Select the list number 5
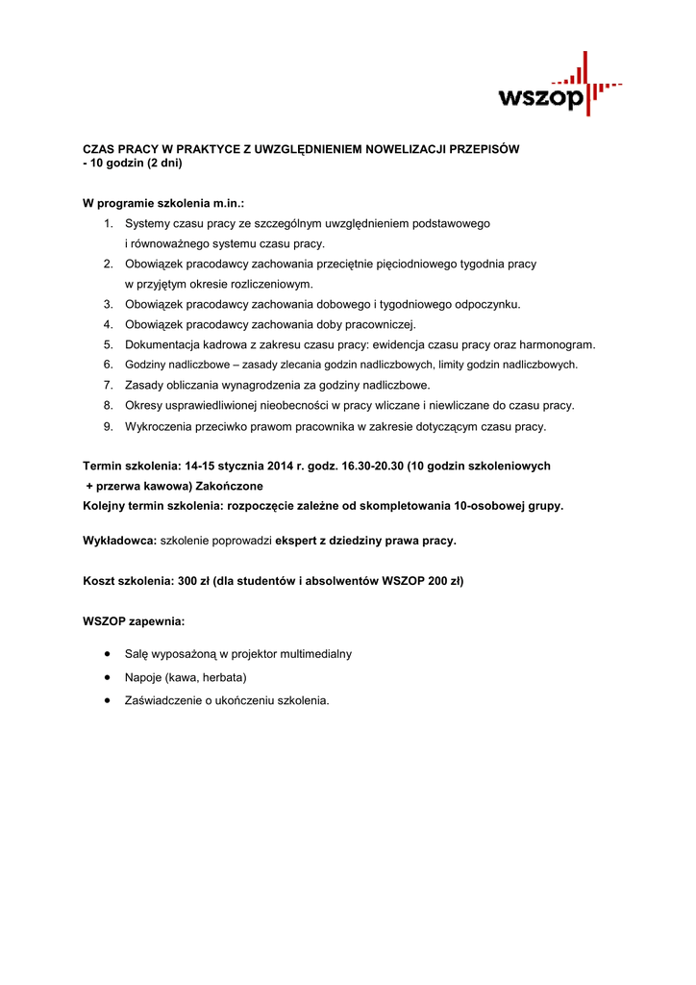click(109, 344)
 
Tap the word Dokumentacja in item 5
click(161, 344)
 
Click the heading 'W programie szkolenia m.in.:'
click(163, 204)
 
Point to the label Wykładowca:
click(120, 541)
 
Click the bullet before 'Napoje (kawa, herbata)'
click(107, 677)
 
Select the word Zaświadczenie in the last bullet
click(165, 700)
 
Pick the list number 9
click(109, 426)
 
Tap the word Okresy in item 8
click(144, 406)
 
